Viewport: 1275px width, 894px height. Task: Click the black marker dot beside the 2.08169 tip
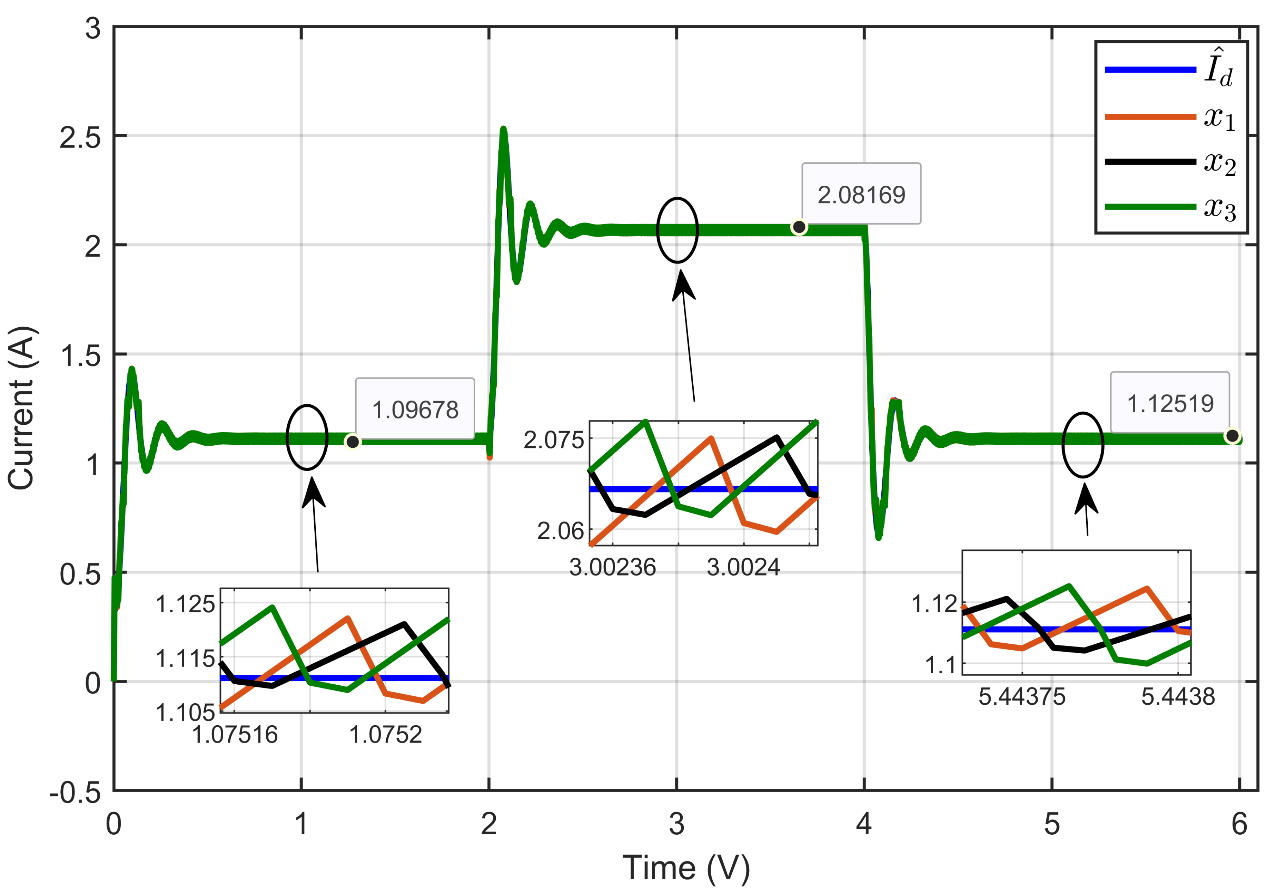tap(798, 227)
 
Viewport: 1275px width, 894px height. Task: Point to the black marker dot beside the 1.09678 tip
tap(352, 442)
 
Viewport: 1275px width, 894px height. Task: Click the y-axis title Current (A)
tap(21, 409)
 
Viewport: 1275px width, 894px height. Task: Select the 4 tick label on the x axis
tap(864, 824)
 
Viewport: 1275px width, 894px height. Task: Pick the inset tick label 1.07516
tap(234, 734)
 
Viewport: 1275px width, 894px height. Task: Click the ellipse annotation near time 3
tap(677, 230)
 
